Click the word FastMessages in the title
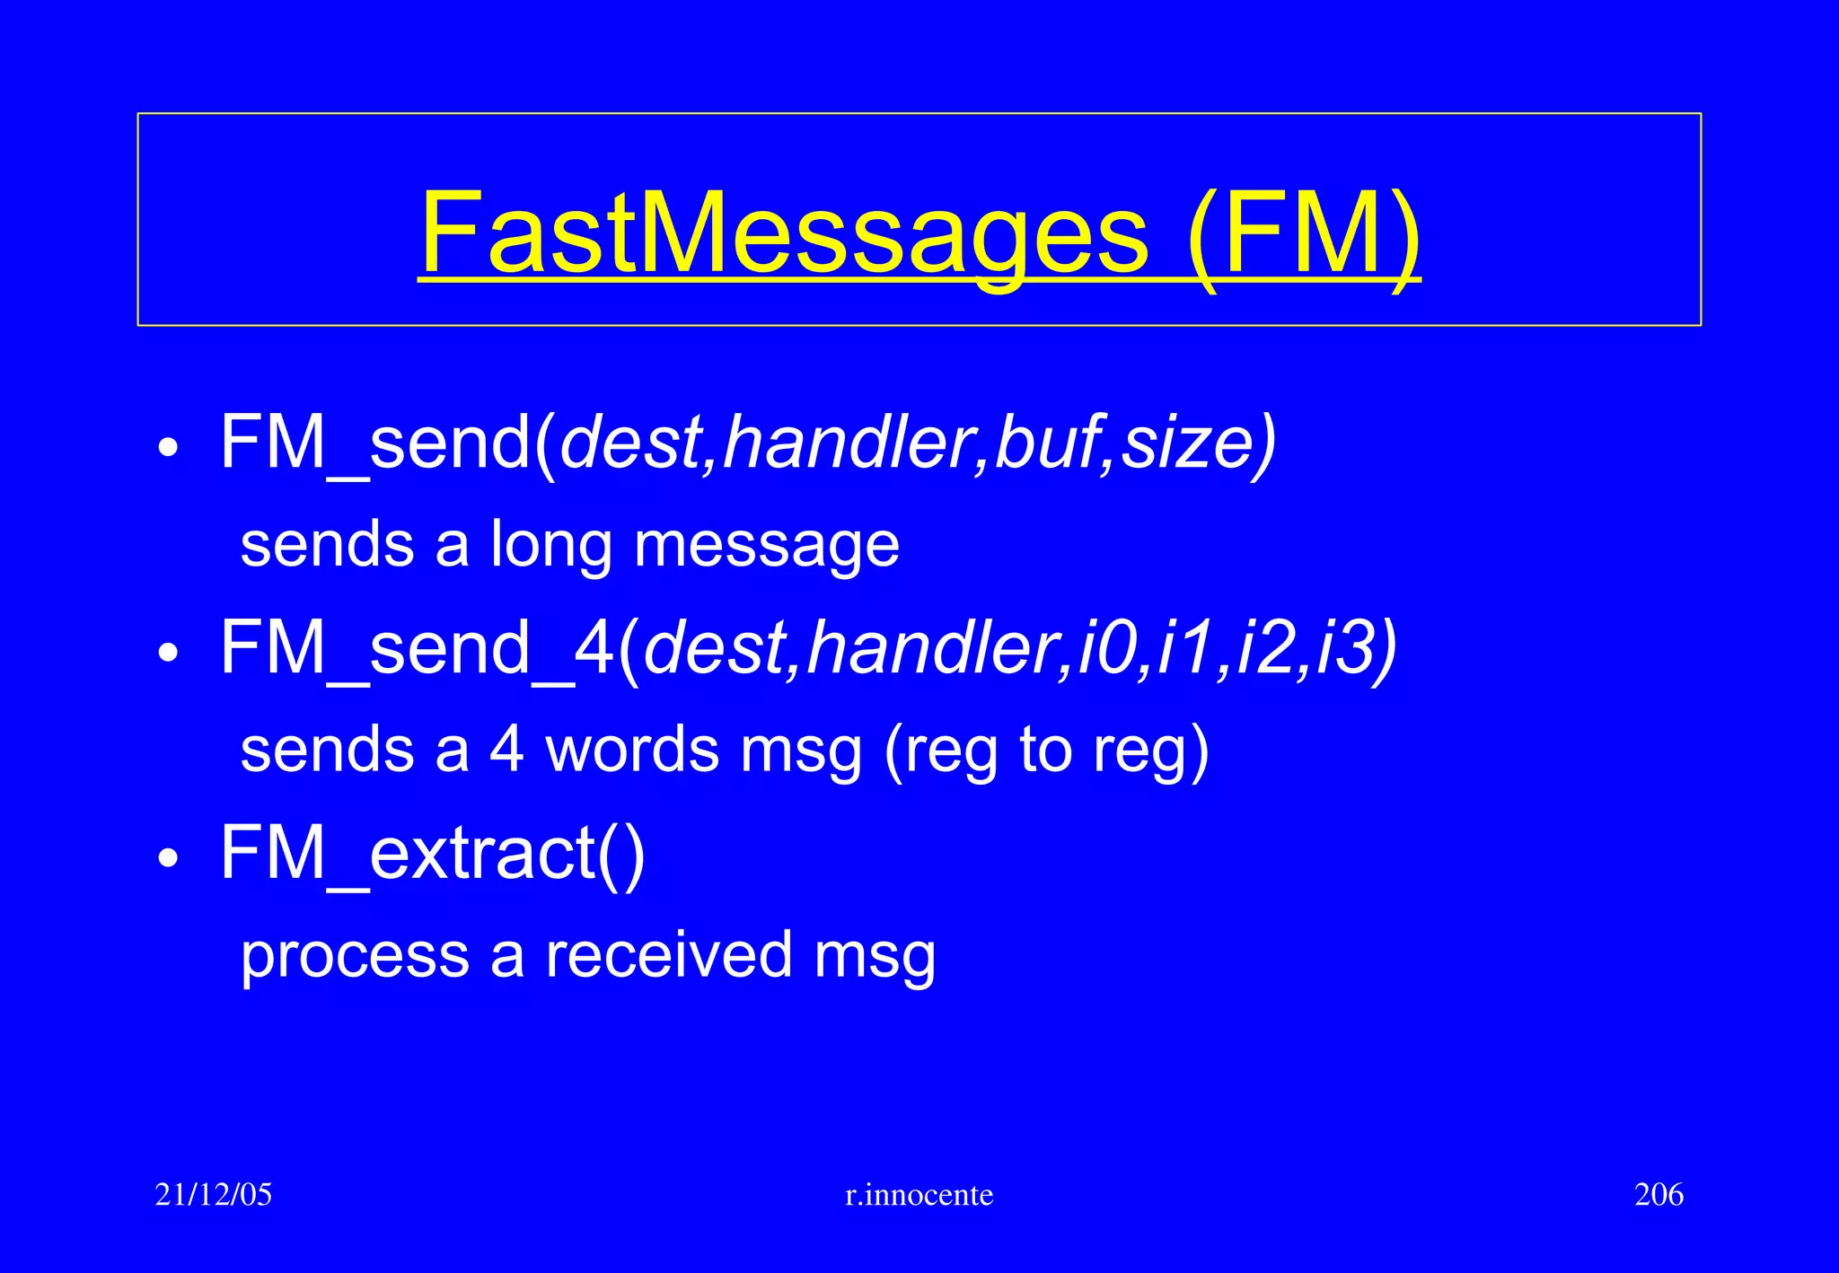pyautogui.click(x=784, y=233)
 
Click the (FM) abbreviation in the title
pyautogui.click(x=1303, y=233)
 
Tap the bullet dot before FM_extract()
pyautogui.click(x=168, y=858)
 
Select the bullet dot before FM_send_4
pyautogui.click(x=168, y=653)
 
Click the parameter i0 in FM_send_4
pyautogui.click(x=1106, y=648)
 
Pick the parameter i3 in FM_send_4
pyautogui.click(x=1344, y=648)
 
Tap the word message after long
pyautogui.click(x=766, y=546)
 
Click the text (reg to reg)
pyautogui.click(x=1046, y=751)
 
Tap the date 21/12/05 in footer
pyautogui.click(x=213, y=1195)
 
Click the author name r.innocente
pyautogui.click(x=919, y=1195)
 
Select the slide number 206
pyautogui.click(x=1659, y=1195)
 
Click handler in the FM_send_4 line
pyautogui.click(x=934, y=648)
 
